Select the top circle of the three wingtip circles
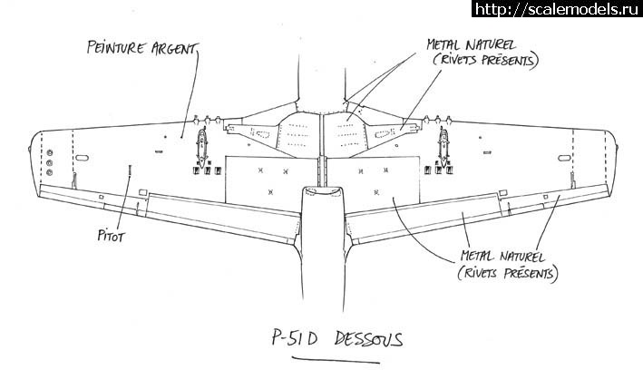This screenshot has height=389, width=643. [x=49, y=151]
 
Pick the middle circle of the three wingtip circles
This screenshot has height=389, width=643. [x=49, y=160]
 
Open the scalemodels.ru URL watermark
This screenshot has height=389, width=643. [x=555, y=9]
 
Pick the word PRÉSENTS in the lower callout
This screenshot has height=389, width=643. [x=525, y=271]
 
